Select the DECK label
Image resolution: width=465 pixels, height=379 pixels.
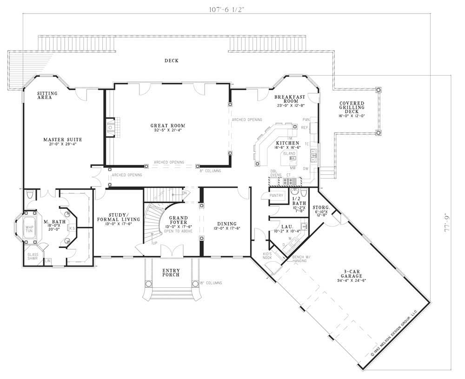pos(171,60)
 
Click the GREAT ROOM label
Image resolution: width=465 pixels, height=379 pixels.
pos(168,126)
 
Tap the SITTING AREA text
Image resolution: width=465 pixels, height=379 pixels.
pos(47,95)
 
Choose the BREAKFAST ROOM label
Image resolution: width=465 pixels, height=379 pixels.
pos(289,99)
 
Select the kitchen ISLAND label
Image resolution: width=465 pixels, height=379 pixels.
pos(290,153)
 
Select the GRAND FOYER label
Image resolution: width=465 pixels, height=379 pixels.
pos(178,220)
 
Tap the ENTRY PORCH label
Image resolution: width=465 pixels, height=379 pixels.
pos(171,273)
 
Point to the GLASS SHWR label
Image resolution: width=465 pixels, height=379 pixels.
pos(33,256)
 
